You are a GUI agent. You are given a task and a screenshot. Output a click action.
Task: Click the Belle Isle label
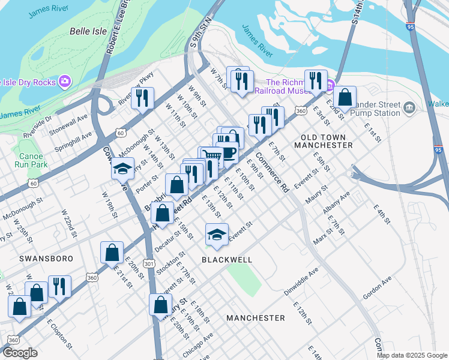pos(88,31)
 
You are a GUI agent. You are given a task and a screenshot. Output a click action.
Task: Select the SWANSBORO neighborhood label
pos(46,259)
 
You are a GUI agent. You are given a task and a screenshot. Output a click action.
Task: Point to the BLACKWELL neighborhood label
pos(226,260)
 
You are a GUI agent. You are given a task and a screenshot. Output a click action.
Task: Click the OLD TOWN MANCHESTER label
pos(321,141)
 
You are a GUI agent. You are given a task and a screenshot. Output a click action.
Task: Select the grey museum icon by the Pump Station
pos(409,107)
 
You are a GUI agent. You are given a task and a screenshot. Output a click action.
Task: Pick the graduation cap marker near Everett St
pos(217,234)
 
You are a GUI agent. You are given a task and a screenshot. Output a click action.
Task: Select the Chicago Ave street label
pos(198,346)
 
